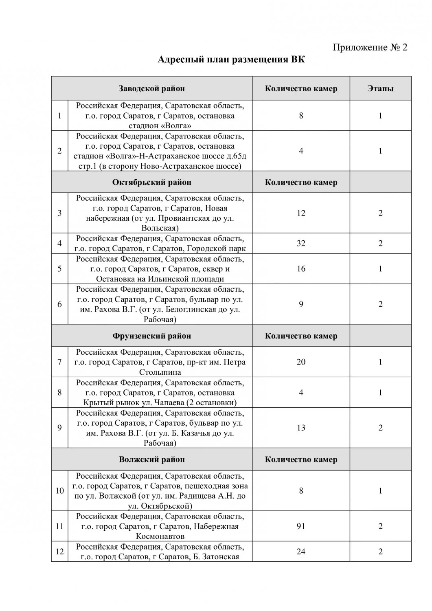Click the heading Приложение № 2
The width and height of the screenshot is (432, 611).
pyautogui.click(x=370, y=47)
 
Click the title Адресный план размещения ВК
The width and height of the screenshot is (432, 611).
pyautogui.click(x=231, y=60)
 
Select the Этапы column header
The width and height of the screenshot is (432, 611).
pyautogui.click(x=380, y=88)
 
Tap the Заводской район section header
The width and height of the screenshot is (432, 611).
pyautogui.click(x=151, y=88)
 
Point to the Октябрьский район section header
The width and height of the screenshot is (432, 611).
pyautogui.click(x=151, y=182)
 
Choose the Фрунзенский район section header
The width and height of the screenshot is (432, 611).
pyautogui.click(x=151, y=336)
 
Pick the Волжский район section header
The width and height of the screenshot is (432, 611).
pyautogui.click(x=151, y=459)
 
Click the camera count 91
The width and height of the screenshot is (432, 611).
pyautogui.click(x=301, y=526)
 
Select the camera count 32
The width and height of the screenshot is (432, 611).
pyautogui.click(x=301, y=243)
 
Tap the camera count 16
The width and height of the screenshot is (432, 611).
pyautogui.click(x=301, y=269)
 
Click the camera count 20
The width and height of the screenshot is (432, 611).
pyautogui.click(x=301, y=362)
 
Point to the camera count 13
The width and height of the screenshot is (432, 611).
pyautogui.click(x=301, y=428)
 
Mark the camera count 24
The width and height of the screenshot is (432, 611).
pyautogui.click(x=301, y=552)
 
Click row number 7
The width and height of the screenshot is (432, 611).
pyautogui.click(x=59, y=362)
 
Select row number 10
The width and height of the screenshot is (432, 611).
pyautogui.click(x=59, y=491)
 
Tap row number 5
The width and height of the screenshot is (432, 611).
pyautogui.click(x=59, y=269)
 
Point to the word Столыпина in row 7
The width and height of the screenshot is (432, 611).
pyautogui.click(x=160, y=372)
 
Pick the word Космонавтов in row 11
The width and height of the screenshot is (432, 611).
pyautogui.click(x=160, y=536)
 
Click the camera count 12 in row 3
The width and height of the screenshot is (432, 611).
pyautogui.click(x=301, y=213)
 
